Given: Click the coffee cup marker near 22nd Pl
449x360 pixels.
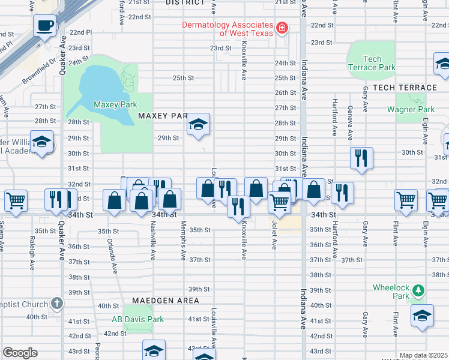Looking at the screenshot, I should point(46,26).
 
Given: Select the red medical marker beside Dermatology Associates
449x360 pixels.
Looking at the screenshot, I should point(281,28).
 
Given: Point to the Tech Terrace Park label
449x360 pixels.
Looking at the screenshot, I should point(372,63).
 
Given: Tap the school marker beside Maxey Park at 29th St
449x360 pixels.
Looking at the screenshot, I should point(198,125).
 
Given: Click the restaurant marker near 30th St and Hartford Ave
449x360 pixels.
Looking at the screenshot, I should point(361,158).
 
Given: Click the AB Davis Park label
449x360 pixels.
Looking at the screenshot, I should point(137,319).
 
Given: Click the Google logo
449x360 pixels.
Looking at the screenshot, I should point(20,353).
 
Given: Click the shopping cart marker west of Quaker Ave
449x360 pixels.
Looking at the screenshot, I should point(16,200).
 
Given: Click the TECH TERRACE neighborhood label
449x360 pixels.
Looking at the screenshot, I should point(405,88).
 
